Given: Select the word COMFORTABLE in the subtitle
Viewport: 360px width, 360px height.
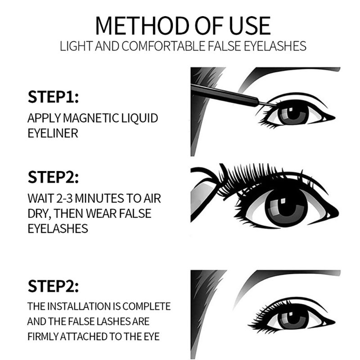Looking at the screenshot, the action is pos(163,46).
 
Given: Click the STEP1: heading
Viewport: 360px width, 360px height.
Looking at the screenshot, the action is pos(53,97).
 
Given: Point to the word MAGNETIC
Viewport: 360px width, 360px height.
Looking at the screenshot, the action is pos(91,118).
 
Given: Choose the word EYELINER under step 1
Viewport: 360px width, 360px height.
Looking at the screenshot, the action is pos(53,133).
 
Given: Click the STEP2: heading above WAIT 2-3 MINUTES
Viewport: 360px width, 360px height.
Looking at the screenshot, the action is pos(53,177).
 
